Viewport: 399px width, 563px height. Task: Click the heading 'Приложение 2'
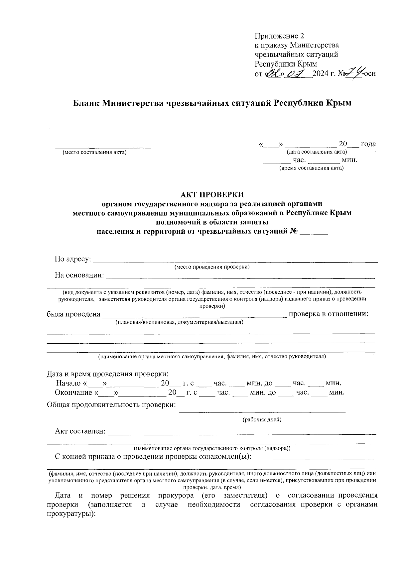click(x=279, y=36)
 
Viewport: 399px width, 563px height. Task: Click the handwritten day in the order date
click(x=272, y=72)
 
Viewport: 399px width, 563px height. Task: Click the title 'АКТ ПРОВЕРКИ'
click(x=212, y=194)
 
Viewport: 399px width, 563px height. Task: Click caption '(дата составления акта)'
click(x=317, y=152)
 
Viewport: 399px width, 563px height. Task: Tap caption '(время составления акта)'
click(x=311, y=168)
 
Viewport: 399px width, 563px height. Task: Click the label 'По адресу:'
click(x=73, y=259)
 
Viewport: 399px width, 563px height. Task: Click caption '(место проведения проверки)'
click(x=212, y=267)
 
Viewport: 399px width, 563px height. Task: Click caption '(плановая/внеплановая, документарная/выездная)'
click(x=179, y=322)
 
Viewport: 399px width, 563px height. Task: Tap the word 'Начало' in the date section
click(x=69, y=383)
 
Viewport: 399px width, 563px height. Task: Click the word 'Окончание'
click(x=73, y=393)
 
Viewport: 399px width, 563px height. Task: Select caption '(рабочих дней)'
click(x=262, y=419)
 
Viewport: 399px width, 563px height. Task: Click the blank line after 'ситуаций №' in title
click(x=314, y=233)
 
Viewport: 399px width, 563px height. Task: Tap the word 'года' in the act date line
click(x=368, y=144)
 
